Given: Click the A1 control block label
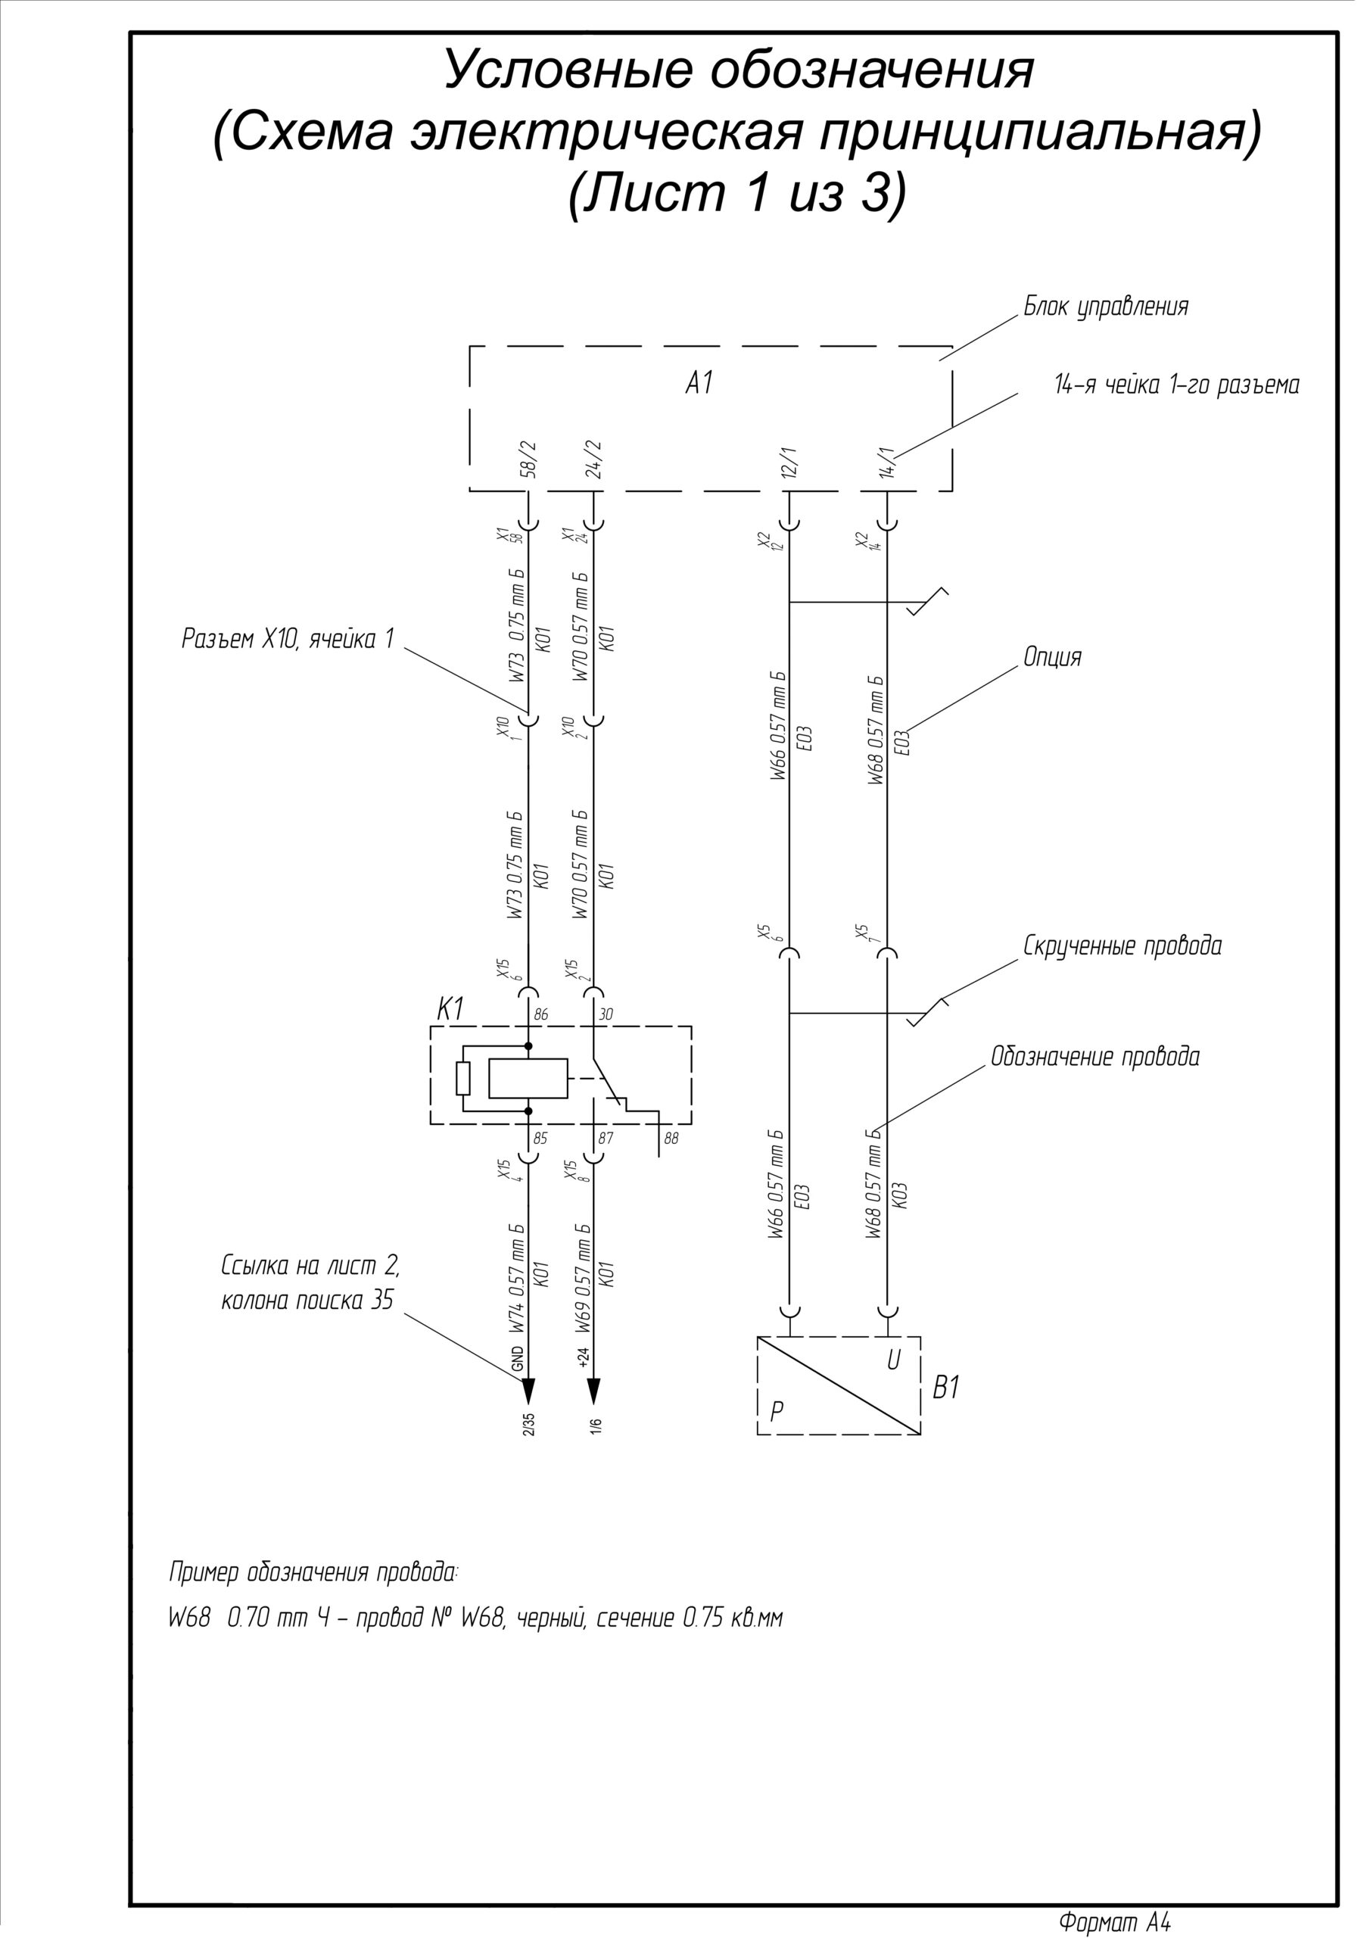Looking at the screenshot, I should (x=699, y=384).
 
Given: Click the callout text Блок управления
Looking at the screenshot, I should (x=1106, y=307).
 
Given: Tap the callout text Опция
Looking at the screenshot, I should (x=1053, y=658).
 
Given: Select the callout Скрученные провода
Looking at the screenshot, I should (x=1122, y=946).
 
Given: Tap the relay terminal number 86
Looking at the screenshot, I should (x=541, y=1014).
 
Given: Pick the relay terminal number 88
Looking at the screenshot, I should (x=671, y=1139).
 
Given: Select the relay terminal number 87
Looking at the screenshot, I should (x=606, y=1139).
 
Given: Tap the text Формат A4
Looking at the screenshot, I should (x=1114, y=1923).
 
